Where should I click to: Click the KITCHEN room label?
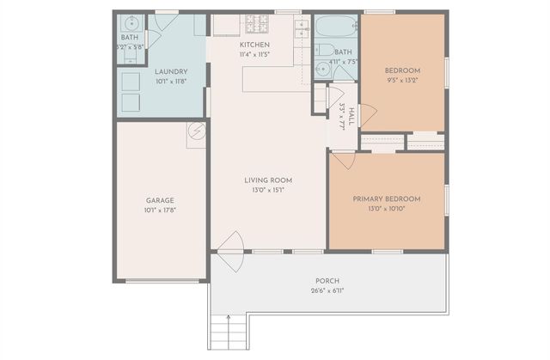coord(254,45)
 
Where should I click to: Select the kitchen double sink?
coord(301,28)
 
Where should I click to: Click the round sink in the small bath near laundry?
coord(130,23)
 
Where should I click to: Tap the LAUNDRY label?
coord(171,72)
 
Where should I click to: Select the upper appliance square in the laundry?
coord(131,82)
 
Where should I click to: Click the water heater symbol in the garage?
coord(197,133)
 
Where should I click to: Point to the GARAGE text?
coord(159,200)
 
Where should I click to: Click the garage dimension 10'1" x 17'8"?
coord(159,210)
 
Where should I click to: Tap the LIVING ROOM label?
coord(268,180)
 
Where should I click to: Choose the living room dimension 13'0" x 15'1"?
coord(268,190)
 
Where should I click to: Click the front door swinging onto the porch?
coord(230,251)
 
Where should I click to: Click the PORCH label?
coord(327,281)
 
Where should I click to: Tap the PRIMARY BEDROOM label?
coord(386,198)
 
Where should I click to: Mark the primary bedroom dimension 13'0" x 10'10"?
coord(386,209)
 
